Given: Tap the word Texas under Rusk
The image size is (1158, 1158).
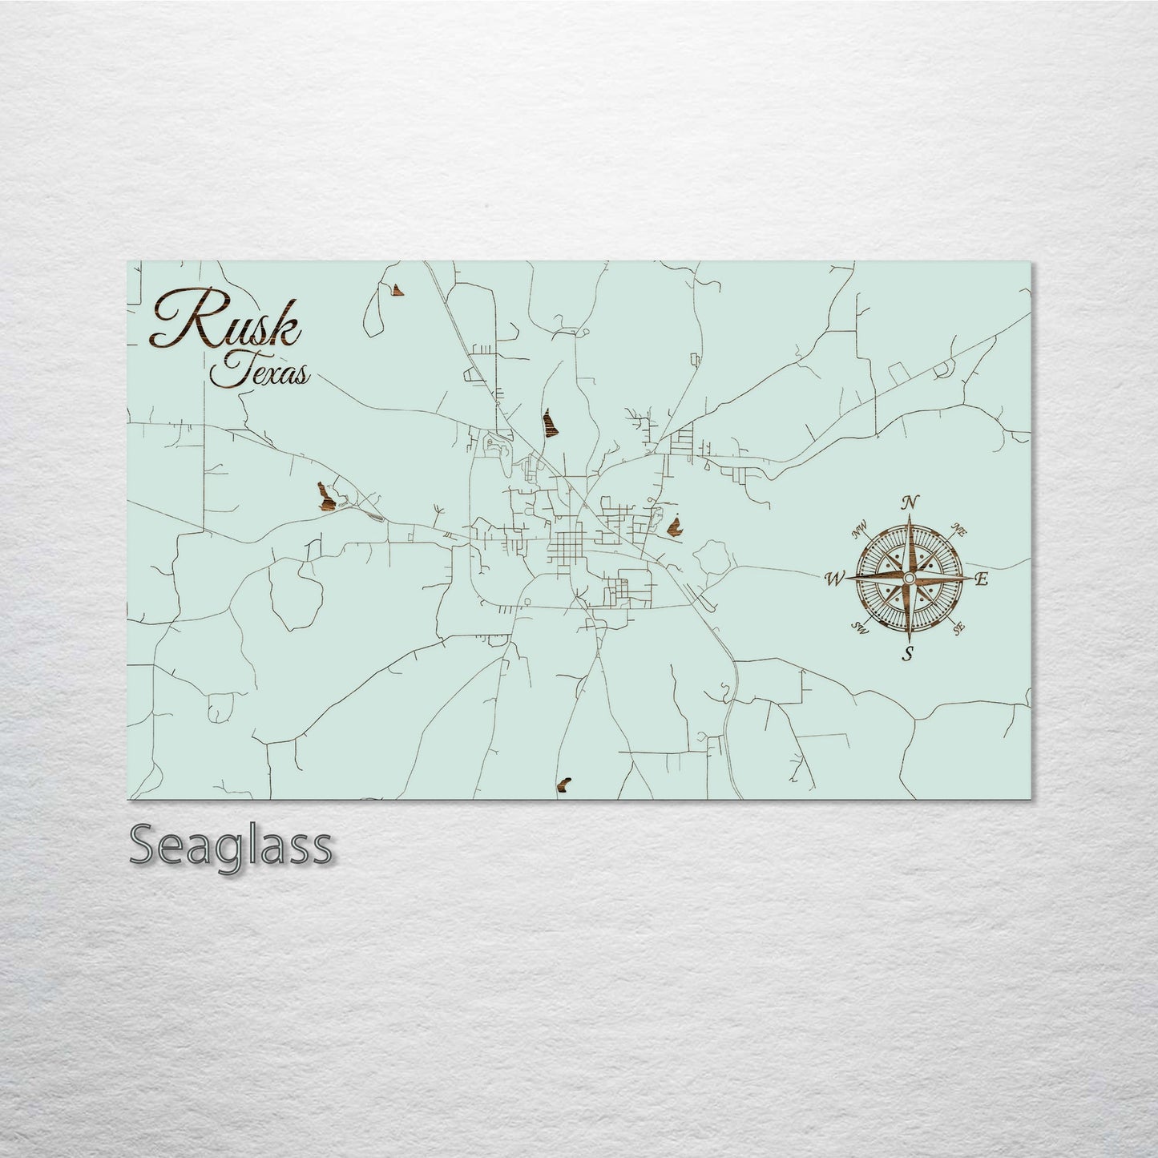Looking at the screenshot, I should (x=259, y=371).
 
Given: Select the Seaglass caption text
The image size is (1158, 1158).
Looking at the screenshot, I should (x=230, y=845).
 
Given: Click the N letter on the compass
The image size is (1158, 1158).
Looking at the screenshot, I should (x=910, y=502).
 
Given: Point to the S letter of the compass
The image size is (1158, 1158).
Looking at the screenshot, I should (x=908, y=652).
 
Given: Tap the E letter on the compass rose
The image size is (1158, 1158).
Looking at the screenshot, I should (x=984, y=579).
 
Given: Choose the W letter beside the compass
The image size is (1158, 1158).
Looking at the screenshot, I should (x=834, y=577).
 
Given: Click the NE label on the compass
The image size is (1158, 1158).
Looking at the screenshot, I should (x=958, y=528).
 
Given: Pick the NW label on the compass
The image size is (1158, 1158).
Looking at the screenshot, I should (x=861, y=527).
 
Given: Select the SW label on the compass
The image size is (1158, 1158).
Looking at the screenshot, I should (x=860, y=627).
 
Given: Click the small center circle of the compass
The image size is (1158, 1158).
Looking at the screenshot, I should (x=909, y=578).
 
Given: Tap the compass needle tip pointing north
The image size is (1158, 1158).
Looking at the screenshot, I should (x=909, y=517).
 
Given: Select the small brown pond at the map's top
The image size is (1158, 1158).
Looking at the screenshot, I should (x=396, y=288).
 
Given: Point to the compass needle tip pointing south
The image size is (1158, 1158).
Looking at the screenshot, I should (x=909, y=639).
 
